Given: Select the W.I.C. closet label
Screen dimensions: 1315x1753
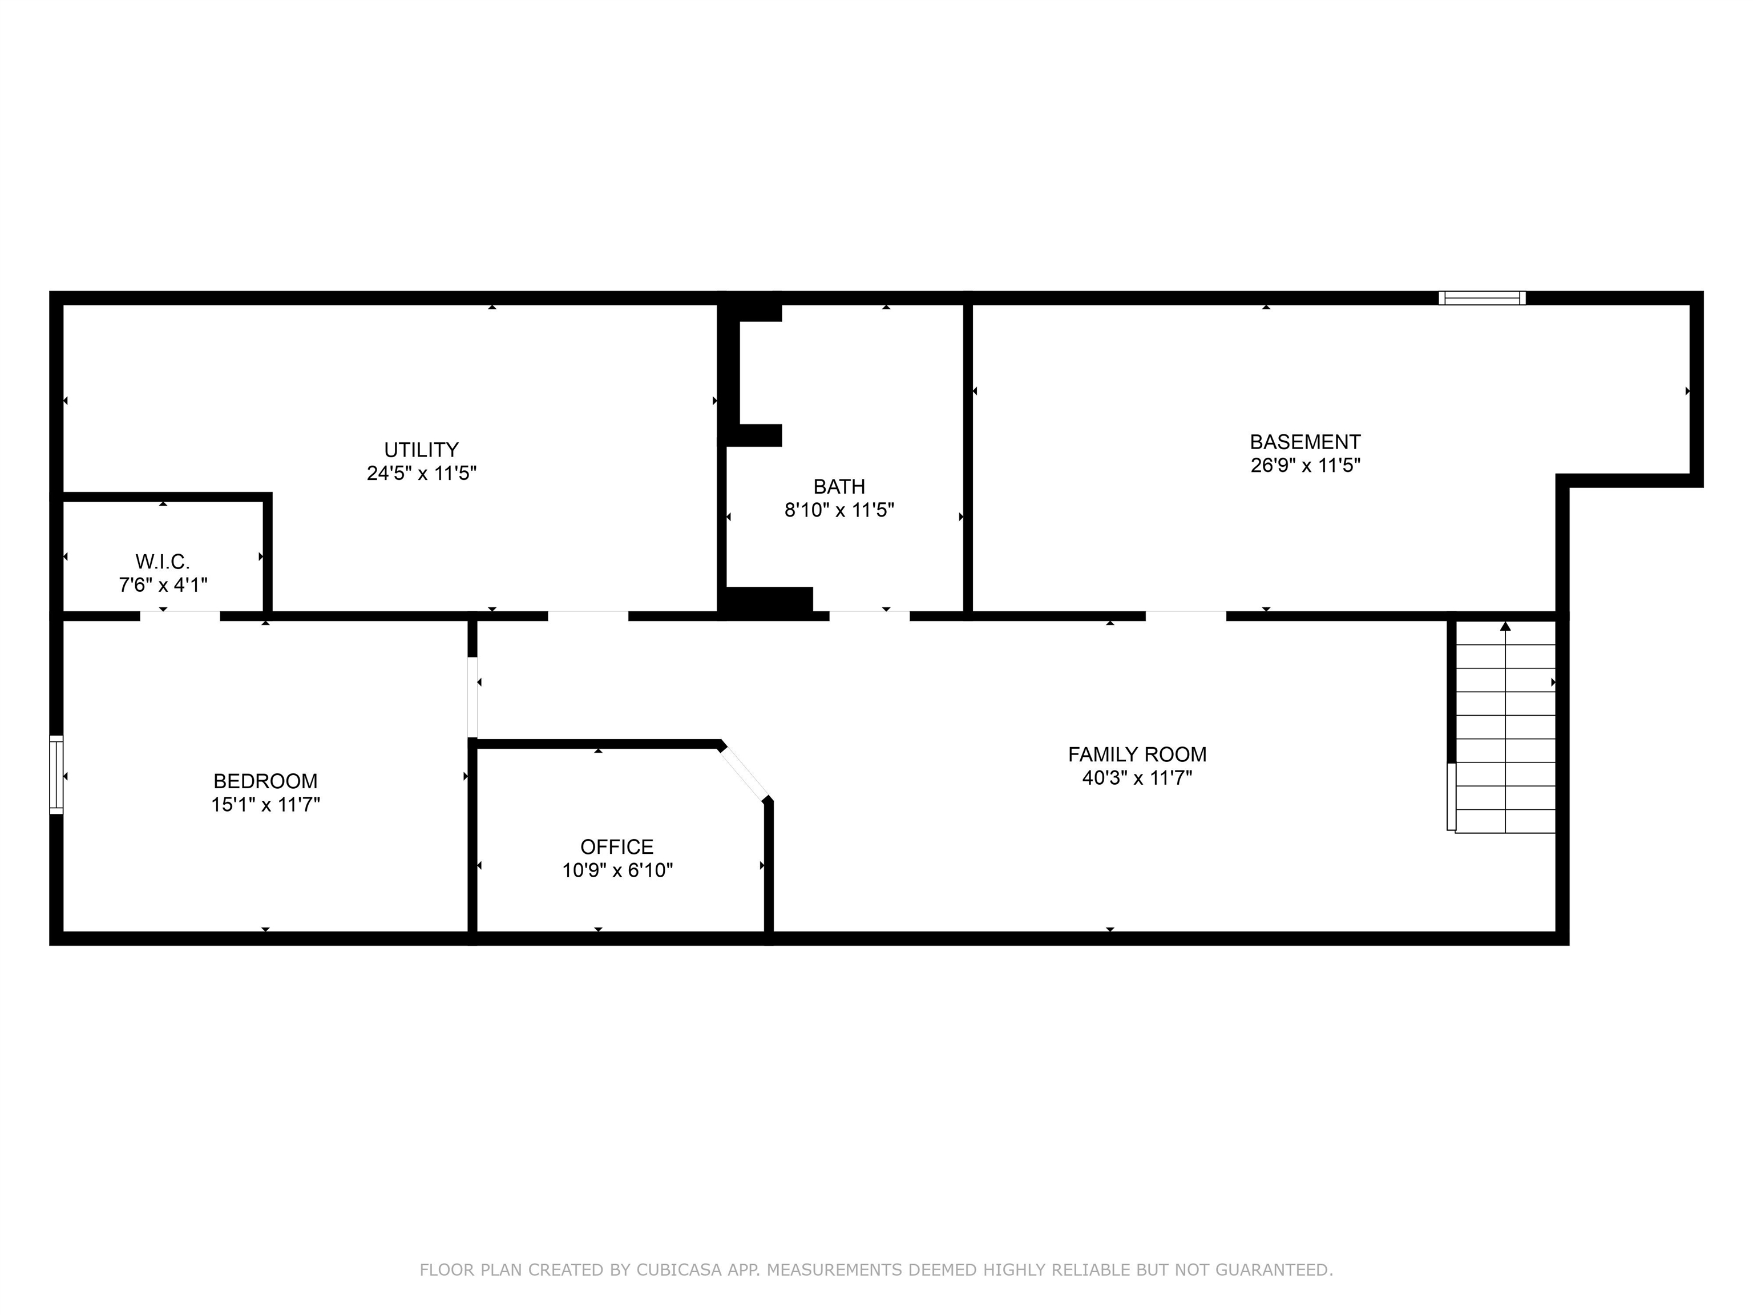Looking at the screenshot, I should (x=163, y=562).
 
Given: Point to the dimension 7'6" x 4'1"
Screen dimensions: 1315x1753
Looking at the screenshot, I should (x=163, y=585).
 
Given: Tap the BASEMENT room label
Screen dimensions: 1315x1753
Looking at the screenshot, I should (x=1304, y=442).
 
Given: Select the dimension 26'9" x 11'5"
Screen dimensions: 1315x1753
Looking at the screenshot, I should (x=1304, y=465).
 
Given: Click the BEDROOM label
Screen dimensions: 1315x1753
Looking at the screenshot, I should (x=265, y=781).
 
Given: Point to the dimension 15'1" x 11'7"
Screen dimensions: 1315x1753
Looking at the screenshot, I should (x=265, y=805).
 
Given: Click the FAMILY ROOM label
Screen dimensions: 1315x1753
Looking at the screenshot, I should (x=1137, y=754).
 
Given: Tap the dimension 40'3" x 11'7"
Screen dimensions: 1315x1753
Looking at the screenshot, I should (x=1137, y=777).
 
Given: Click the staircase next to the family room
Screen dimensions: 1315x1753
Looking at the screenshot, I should (x=1504, y=737).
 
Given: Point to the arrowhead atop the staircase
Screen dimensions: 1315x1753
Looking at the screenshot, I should (x=1505, y=626).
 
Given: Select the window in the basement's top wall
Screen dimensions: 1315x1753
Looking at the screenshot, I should (x=1482, y=298).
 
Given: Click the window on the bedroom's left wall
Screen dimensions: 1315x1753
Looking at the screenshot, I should (x=56, y=775).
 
